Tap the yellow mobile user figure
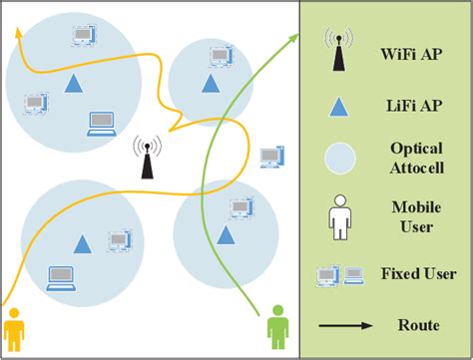pos(14,329)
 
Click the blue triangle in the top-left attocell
pos(73,84)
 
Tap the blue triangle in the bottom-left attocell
pos(82,242)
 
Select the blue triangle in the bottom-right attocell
pos(227,235)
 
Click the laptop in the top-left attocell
pos(101,124)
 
